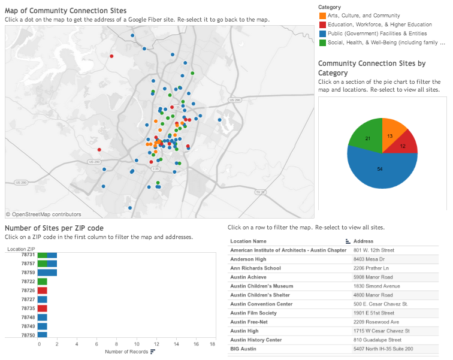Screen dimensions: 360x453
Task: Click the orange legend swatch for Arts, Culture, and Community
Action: (x=322, y=16)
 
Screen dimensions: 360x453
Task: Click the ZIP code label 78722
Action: (x=28, y=281)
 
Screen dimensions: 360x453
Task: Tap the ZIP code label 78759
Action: (x=28, y=272)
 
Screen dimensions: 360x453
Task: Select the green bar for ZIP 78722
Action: (x=43, y=281)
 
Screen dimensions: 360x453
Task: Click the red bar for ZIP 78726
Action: (x=43, y=290)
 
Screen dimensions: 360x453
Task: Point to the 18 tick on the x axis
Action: (x=212, y=344)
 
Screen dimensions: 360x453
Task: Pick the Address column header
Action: (x=364, y=241)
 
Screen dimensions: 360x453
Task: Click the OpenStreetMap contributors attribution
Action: (x=44, y=214)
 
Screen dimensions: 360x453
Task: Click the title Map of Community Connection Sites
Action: (x=66, y=11)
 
